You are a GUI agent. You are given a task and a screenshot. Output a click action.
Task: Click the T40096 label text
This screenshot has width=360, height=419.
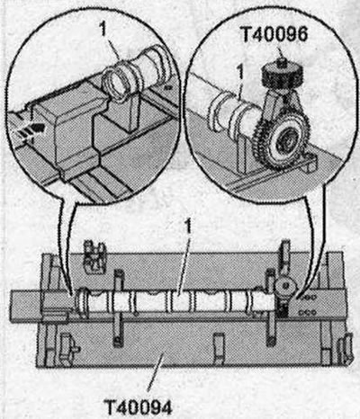click(274, 34)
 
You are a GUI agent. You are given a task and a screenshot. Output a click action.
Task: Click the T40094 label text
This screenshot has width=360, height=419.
click(139, 406)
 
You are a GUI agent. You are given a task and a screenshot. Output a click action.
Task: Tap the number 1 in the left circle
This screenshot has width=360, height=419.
click(103, 30)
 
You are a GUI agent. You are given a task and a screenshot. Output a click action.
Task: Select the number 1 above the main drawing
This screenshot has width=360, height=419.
click(188, 227)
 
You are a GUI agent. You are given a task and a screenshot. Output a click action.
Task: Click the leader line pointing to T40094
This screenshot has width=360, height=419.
click(156, 372)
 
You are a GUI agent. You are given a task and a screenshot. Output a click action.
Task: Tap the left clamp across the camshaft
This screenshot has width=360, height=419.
click(118, 308)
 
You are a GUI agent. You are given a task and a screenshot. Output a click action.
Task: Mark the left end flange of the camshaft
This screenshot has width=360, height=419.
click(83, 302)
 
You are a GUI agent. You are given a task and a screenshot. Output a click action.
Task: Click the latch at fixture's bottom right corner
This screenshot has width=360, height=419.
click(346, 348)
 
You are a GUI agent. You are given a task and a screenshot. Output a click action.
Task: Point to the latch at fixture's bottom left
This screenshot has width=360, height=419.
click(67, 349)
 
